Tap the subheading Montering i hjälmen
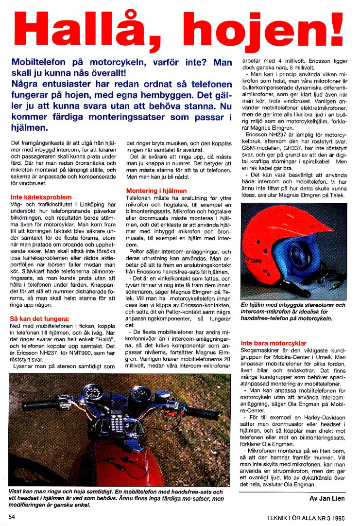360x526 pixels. click(x=156, y=191)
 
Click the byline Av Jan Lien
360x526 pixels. click(x=327, y=498)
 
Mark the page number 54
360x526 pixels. click(x=12, y=516)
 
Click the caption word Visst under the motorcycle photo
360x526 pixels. click(x=18, y=491)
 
